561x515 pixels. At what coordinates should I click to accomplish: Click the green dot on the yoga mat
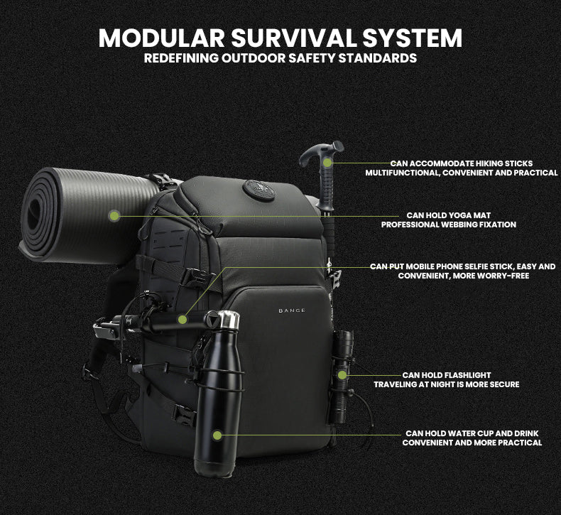click(x=114, y=215)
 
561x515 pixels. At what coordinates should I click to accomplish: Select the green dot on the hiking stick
click(x=327, y=163)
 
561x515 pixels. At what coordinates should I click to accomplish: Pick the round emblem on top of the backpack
click(x=255, y=190)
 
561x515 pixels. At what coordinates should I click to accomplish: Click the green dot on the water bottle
click(x=217, y=435)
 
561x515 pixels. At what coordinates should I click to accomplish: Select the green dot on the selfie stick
click(x=182, y=320)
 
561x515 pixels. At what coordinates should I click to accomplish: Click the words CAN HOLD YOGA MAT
click(x=448, y=215)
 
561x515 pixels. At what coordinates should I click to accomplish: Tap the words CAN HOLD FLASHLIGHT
click(x=447, y=375)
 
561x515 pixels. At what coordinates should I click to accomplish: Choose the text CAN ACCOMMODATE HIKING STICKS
click(x=461, y=163)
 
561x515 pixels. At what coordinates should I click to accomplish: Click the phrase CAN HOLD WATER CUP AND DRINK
click(x=472, y=433)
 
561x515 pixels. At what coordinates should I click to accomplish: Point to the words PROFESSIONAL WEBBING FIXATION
click(x=448, y=224)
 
